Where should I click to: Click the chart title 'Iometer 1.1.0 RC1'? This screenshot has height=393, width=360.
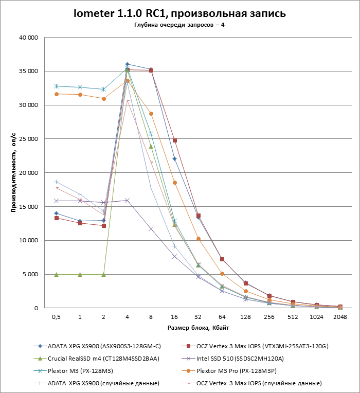click(179, 13)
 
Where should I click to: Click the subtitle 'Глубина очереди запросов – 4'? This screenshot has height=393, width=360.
click(179, 25)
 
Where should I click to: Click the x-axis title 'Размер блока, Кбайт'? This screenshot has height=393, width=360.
click(198, 328)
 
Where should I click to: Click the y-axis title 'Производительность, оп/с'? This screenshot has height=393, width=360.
click(14, 172)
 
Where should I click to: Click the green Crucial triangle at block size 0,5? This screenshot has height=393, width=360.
click(57, 274)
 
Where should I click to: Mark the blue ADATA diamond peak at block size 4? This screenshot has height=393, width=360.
click(127, 64)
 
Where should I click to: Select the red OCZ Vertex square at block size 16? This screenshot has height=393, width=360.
click(174, 140)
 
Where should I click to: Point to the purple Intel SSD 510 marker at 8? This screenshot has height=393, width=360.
click(151, 228)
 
